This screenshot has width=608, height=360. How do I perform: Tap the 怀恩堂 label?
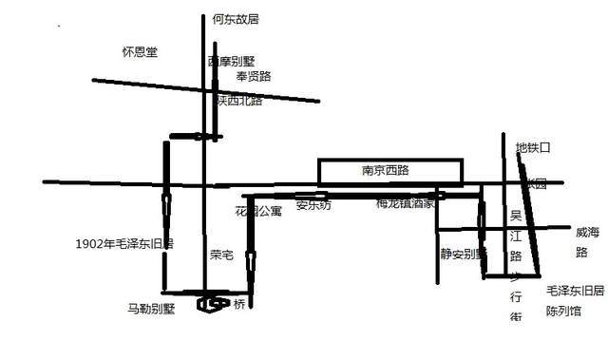pyautogui.click(x=140, y=51)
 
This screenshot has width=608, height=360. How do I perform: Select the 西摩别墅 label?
pyautogui.click(x=231, y=61)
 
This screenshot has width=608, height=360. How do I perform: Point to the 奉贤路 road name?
pyautogui.click(x=254, y=76)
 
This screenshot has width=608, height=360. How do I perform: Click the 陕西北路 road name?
pyautogui.click(x=237, y=99)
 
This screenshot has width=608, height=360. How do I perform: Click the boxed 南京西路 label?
pyautogui.click(x=390, y=172)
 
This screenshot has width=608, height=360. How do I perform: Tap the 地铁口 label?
pyautogui.click(x=533, y=148)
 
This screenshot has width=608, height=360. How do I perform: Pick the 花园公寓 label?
pyautogui.click(x=257, y=210)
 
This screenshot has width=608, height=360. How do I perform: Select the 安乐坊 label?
pyautogui.click(x=313, y=204)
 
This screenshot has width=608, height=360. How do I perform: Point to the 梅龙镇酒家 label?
pyautogui.click(x=405, y=203)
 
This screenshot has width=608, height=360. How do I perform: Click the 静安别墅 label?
pyautogui.click(x=463, y=254)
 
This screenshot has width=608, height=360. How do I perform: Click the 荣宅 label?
pyautogui.click(x=221, y=255)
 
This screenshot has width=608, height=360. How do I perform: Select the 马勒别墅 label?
pyautogui.click(x=152, y=308)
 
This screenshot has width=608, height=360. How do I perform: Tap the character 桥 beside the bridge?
pyautogui.click(x=239, y=304)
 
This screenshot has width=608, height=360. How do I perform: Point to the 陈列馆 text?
pyautogui.click(x=562, y=311)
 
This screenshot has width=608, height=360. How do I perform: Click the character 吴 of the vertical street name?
pyautogui.click(x=515, y=218)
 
